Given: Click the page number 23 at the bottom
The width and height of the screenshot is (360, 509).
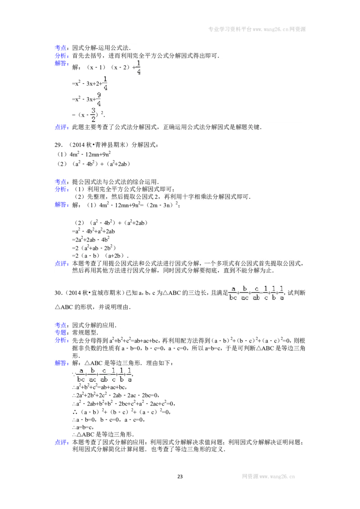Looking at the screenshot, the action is pyautogui.click(x=180, y=477).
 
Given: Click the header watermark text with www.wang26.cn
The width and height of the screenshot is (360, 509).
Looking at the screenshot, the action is pyautogui.click(x=256, y=29).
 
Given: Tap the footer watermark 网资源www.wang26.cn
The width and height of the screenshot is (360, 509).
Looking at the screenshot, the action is pyautogui.click(x=268, y=477).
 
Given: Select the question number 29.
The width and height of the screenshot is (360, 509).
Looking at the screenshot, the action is pyautogui.click(x=58, y=145).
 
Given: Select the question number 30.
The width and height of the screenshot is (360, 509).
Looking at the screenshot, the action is pyautogui.click(x=58, y=293).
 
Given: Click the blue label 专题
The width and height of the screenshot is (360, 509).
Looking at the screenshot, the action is pyautogui.click(x=61, y=333).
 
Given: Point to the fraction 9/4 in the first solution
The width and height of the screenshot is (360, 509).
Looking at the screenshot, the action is pyautogui.click(x=99, y=99).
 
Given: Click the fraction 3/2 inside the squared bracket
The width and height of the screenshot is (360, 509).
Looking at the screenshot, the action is pyautogui.click(x=93, y=115).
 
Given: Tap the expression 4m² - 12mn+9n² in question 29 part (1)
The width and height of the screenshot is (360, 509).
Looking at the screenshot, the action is pyautogui.click(x=90, y=154).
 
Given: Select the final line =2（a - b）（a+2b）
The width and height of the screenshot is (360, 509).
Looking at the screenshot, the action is pyautogui.click(x=100, y=256).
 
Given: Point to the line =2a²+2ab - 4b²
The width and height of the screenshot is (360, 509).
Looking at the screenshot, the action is pyautogui.click(x=90, y=240).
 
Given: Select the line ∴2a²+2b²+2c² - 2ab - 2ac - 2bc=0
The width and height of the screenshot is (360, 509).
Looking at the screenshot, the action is pyautogui.click(x=116, y=395).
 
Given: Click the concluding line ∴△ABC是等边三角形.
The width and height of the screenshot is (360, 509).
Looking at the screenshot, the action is pyautogui.click(x=103, y=435).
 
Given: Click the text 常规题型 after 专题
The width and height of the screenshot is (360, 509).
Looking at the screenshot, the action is pyautogui.click(x=85, y=333).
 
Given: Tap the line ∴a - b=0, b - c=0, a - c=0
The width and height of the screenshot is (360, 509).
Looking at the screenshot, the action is pyautogui.click(x=108, y=420).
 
